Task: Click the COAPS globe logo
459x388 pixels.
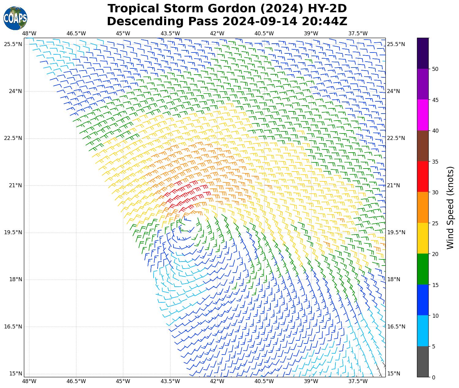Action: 15,18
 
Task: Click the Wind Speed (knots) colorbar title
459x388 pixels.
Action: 450,208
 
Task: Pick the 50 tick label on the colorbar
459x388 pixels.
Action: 435,69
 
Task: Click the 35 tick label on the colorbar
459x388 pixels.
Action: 435,162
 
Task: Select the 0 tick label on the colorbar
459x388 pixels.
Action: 433,377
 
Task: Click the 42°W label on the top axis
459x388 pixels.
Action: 217,33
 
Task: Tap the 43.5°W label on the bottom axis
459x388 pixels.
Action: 170,381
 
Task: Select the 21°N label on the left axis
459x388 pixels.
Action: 13,185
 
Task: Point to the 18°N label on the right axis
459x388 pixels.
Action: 394,279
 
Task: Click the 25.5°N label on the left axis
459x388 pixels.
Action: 13,44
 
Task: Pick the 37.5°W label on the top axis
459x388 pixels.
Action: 358,33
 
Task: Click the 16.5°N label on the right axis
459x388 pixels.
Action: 396,327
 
